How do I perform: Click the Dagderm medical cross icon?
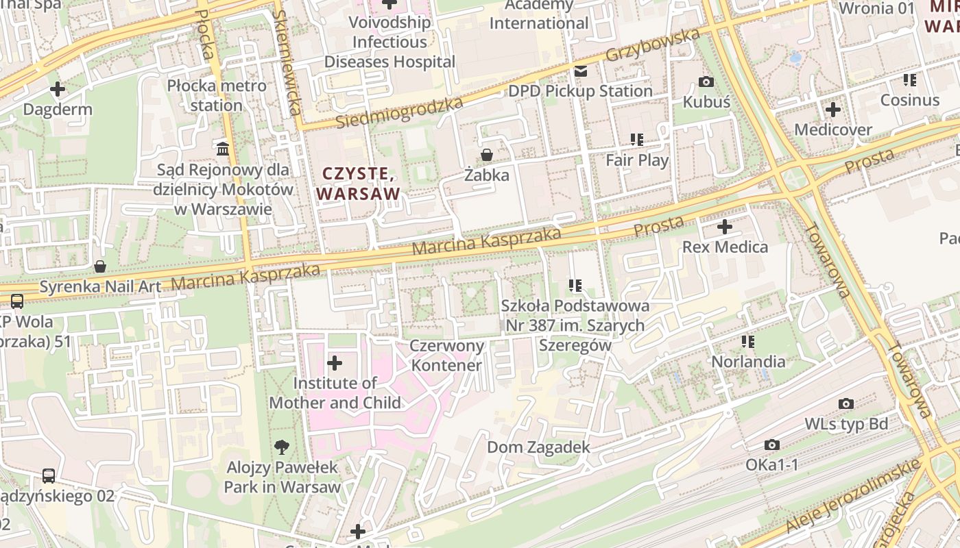coord(58,89)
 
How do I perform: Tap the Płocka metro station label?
coord(217,96)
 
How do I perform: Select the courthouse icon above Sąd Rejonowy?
coord(223,149)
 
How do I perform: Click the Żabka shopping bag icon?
coord(487,155)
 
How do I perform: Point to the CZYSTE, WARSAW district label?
coord(359,184)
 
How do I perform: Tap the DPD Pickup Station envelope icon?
coord(581,71)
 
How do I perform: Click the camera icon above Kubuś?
coord(706,82)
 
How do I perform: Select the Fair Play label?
coord(637,160)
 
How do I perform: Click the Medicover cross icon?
coord(833,110)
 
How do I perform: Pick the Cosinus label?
coord(909,100)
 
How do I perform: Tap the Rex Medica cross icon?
coord(725,227)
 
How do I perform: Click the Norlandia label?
coord(748,361)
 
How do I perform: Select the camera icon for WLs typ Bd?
coord(846,404)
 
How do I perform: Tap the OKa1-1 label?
coord(772,465)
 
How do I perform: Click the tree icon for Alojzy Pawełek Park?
coord(281,448)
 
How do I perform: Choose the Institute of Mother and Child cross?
coord(335,363)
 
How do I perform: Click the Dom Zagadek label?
coord(538,447)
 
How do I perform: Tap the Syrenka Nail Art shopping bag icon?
coord(100,266)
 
